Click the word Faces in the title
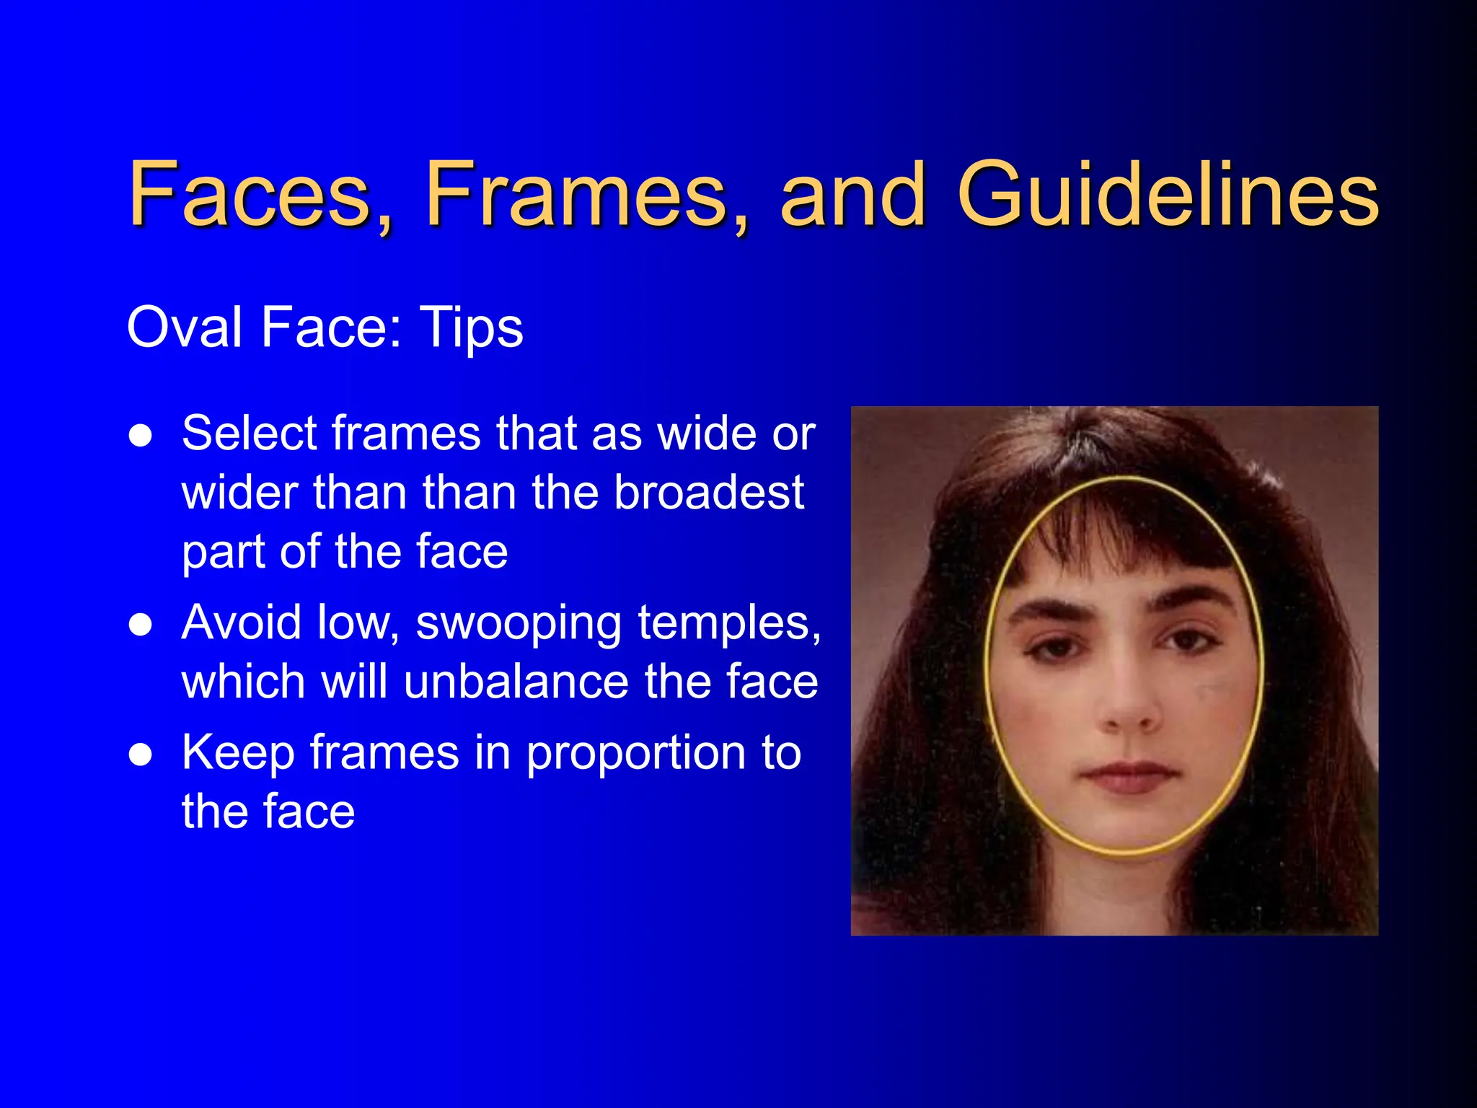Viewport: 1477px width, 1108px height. point(250,193)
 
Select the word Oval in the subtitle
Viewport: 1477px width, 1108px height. point(185,327)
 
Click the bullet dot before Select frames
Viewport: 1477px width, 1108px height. point(141,436)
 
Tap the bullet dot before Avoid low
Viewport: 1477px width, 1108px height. point(141,625)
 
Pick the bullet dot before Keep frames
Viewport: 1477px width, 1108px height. point(141,755)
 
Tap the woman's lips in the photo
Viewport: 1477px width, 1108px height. point(1131,778)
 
